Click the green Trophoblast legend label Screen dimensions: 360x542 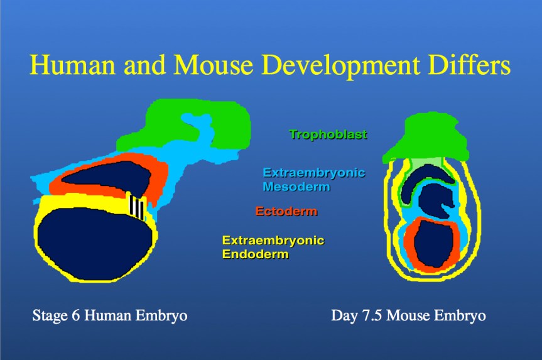coord(328,134)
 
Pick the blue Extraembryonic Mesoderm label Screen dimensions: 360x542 coord(313,179)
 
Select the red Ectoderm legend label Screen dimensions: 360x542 coord(286,212)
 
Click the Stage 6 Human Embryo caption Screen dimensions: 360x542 coord(109,315)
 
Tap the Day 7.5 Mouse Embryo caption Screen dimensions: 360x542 coord(408,315)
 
